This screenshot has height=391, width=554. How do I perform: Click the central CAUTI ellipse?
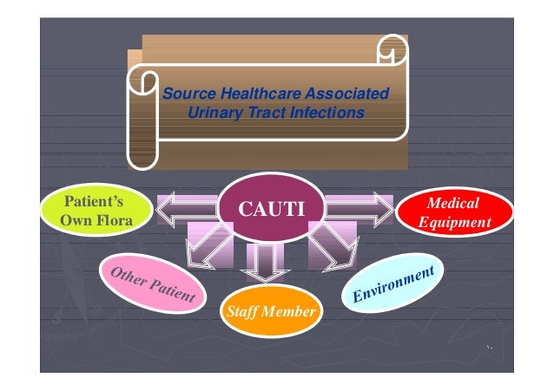tap(268, 208)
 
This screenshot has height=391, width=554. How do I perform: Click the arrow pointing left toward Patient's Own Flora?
tap(188, 208)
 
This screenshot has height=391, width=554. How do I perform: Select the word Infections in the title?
tap(322, 113)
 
